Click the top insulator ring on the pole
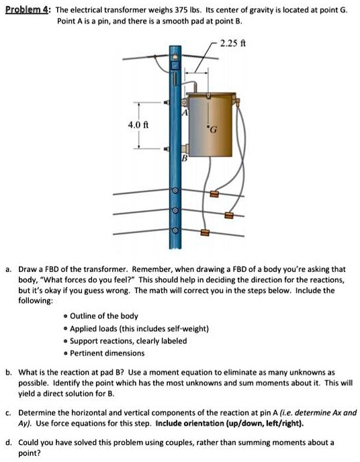coord(175,191)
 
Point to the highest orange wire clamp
coord(214,195)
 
